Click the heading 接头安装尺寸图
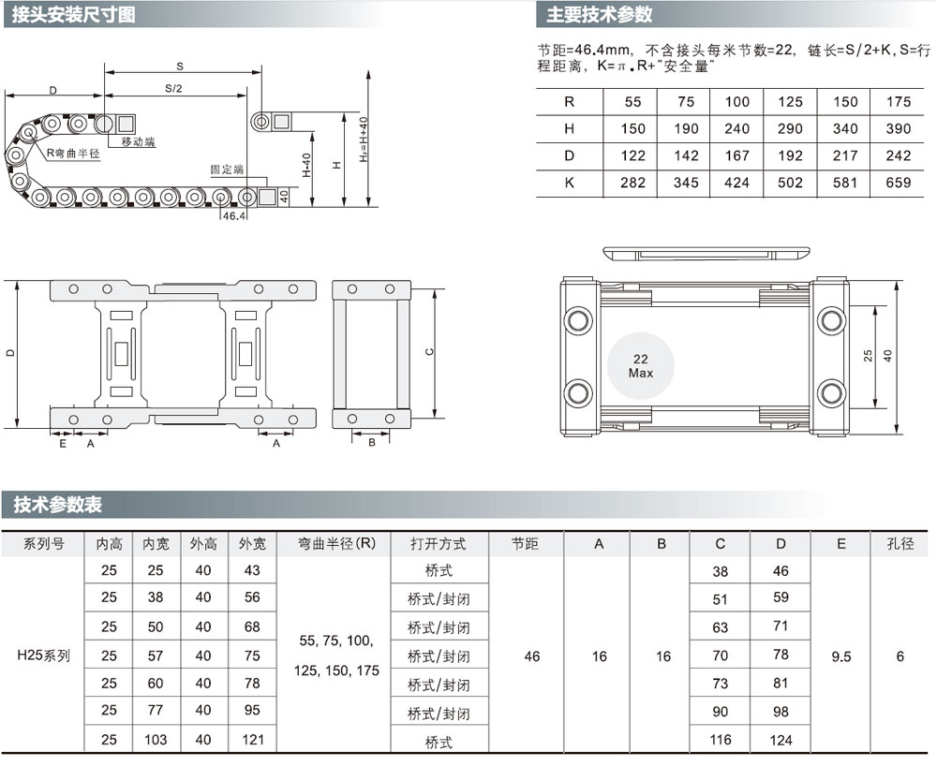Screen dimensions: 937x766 click(73, 14)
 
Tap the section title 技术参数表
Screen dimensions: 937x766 click(57, 505)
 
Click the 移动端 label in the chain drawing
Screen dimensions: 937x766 click(138, 142)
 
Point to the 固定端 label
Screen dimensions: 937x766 click(227, 169)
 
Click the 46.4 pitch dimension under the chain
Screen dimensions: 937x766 click(234, 216)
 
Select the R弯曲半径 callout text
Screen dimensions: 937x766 click(73, 154)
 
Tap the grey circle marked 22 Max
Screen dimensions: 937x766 click(641, 366)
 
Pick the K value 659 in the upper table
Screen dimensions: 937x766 click(899, 183)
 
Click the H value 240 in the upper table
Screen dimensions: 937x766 click(736, 129)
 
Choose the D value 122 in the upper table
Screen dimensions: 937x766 click(632, 155)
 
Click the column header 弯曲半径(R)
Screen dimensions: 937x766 click(337, 543)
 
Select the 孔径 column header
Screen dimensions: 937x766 click(900, 543)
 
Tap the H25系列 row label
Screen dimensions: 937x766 click(43, 656)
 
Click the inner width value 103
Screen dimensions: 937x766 click(156, 740)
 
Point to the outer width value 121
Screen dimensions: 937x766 click(253, 740)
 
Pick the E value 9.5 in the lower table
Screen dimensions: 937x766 click(840, 656)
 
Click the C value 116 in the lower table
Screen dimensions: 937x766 click(720, 740)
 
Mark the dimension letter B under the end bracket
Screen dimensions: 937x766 click(372, 443)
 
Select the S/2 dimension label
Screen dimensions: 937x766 click(173, 88)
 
